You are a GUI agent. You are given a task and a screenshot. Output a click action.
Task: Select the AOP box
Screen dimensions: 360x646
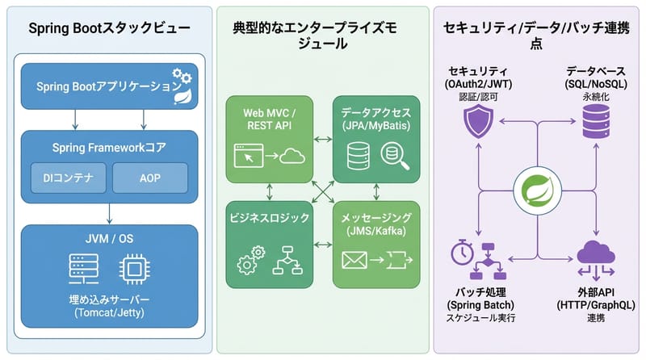[150, 178]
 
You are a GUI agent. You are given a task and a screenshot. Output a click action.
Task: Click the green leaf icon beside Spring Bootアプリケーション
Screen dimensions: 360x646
[182, 97]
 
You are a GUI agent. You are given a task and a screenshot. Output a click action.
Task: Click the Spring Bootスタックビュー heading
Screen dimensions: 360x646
[109, 28]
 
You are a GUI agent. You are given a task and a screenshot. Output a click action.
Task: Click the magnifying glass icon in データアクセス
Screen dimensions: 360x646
[394, 156]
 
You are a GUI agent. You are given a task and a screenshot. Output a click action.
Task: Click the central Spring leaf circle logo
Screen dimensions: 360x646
[537, 192]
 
